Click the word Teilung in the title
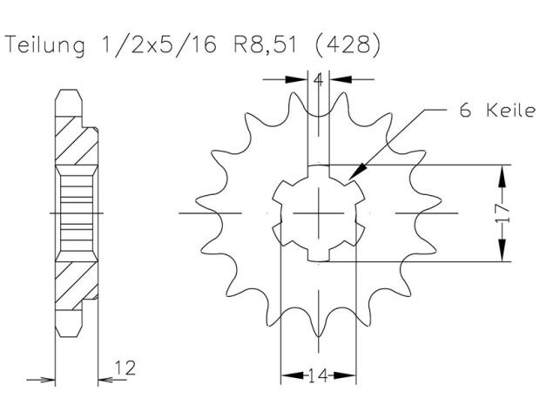[x=44, y=46]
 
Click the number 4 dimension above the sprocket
[x=319, y=81]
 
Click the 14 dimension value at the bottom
[x=318, y=377]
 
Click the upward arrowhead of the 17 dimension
[x=502, y=171]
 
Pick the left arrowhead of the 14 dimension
[x=284, y=377]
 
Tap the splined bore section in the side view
[x=75, y=213]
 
